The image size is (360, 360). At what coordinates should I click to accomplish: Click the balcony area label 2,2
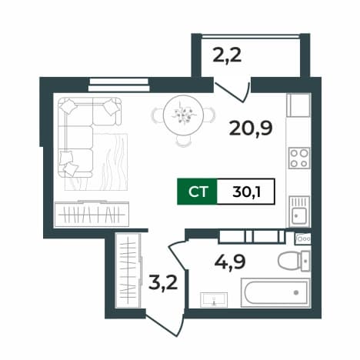coord(227,56)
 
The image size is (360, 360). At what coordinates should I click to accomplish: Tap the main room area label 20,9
coord(251,128)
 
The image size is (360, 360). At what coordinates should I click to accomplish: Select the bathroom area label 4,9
coord(230,262)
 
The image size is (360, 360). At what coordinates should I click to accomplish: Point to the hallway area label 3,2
coord(163,282)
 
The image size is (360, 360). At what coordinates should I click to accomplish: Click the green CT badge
coord(197,192)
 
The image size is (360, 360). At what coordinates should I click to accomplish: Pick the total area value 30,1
coord(246,192)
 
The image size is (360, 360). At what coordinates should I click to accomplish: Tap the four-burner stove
coord(298,158)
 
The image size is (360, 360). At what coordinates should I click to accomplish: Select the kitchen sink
coord(299,212)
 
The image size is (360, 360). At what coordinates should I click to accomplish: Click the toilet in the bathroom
coord(294,261)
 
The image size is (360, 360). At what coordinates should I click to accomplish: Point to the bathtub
coord(275,292)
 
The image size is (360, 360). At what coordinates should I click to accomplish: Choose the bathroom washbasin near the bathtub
coord(214,300)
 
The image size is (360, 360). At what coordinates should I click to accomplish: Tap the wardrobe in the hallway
coord(128,270)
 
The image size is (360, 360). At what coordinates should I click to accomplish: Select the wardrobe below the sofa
coord(92,214)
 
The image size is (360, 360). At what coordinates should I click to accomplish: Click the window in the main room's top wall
coord(118,85)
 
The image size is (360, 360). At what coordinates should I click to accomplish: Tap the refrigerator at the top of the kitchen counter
coord(298,105)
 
